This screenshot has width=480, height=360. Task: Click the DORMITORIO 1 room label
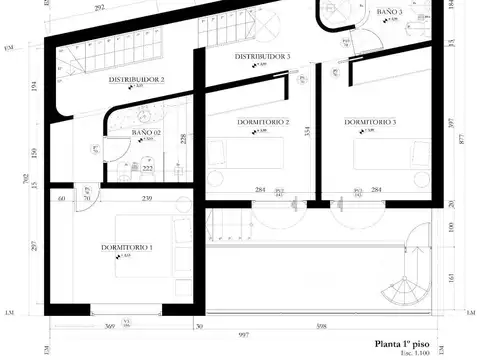(126, 246)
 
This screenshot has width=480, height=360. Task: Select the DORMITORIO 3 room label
(370, 122)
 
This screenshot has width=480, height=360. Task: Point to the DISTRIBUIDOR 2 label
(137, 79)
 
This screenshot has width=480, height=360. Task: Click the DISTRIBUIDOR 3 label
(262, 57)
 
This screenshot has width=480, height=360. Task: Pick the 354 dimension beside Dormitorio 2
(307, 131)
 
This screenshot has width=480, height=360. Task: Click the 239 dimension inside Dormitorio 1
(147, 200)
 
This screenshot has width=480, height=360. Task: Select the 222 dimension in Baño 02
(147, 169)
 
